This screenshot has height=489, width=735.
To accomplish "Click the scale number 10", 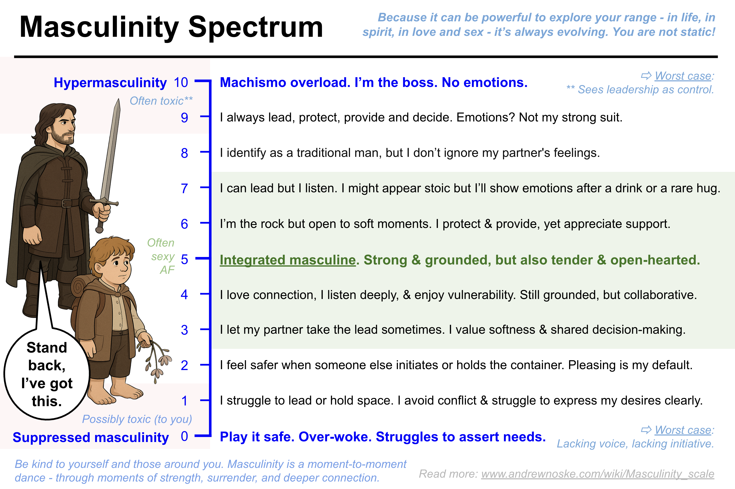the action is coord(181,83).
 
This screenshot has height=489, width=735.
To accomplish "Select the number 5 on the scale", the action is coord(184,259).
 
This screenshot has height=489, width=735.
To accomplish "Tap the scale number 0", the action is coord(184,436).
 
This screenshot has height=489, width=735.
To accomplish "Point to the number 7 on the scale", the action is coord(184,189).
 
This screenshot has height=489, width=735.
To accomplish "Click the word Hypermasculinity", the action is coord(110,83).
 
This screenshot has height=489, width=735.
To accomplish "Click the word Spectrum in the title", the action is coord(256,27).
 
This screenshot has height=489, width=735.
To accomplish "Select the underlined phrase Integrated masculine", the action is coord(288,260).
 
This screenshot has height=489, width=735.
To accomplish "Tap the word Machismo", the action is coord(252,83).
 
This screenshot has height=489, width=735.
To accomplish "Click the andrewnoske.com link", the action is coord(597,474).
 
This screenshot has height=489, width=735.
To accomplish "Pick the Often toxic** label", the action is coord(161,101).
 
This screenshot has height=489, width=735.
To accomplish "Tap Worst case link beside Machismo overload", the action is coord(683,76).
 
